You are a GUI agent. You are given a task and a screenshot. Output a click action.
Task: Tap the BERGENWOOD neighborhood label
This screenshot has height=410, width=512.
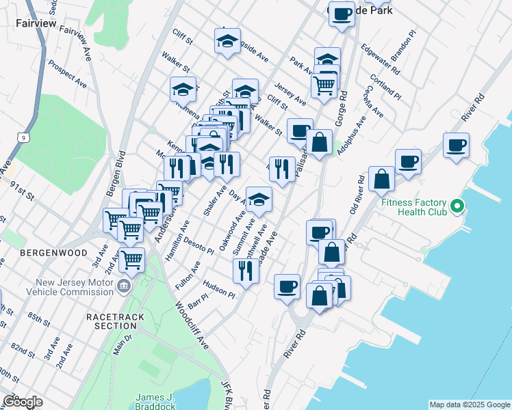[54, 253]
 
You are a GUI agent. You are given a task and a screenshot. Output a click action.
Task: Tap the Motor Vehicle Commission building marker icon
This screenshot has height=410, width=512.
[123, 285]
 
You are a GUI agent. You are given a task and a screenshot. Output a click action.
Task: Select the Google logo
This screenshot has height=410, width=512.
[23, 401]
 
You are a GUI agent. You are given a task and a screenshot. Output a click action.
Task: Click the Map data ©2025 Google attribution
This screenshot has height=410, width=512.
[470, 405]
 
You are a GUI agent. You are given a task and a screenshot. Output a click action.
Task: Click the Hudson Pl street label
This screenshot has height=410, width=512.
[219, 290]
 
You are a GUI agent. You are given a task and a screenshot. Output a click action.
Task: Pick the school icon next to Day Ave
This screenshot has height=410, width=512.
[259, 199]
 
